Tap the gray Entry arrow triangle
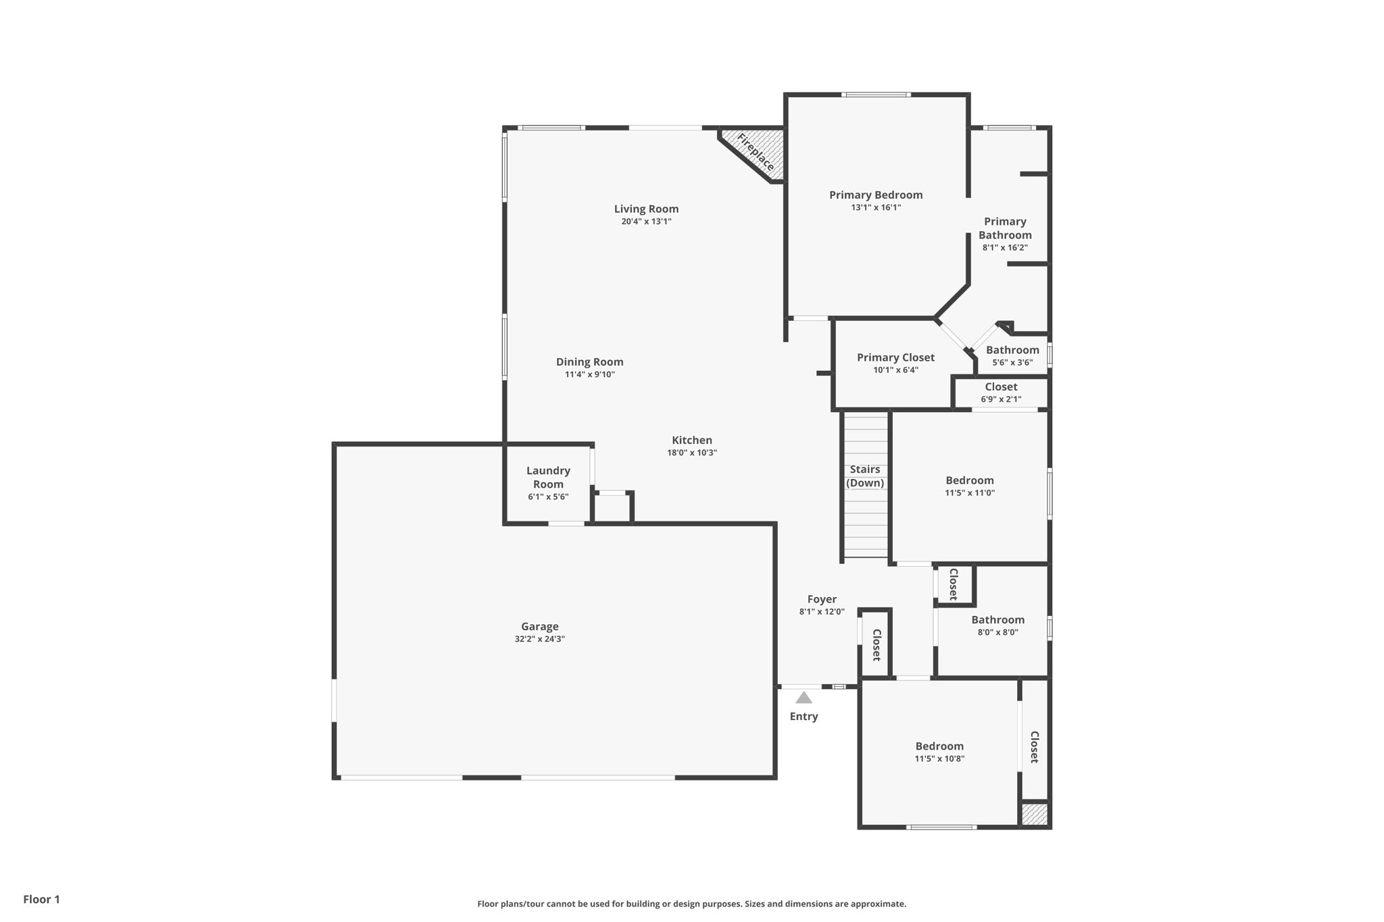click(x=804, y=698)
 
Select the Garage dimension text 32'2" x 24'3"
click(x=539, y=639)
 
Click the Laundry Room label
click(x=548, y=477)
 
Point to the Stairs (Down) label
click(x=865, y=476)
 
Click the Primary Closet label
click(x=895, y=357)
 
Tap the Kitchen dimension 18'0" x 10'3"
click(x=691, y=453)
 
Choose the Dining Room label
click(x=589, y=362)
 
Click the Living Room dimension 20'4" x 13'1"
click(x=646, y=222)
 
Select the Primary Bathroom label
click(x=1005, y=228)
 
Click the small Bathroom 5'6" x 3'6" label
click(x=1012, y=350)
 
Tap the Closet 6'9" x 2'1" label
click(x=1001, y=387)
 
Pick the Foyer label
click(x=822, y=599)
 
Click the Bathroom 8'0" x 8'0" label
click(x=997, y=620)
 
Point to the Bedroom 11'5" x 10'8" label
click(x=939, y=746)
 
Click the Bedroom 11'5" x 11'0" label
click(x=969, y=481)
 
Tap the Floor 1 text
click(x=41, y=899)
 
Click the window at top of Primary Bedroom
click(x=875, y=95)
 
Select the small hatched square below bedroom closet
click(x=1034, y=814)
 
